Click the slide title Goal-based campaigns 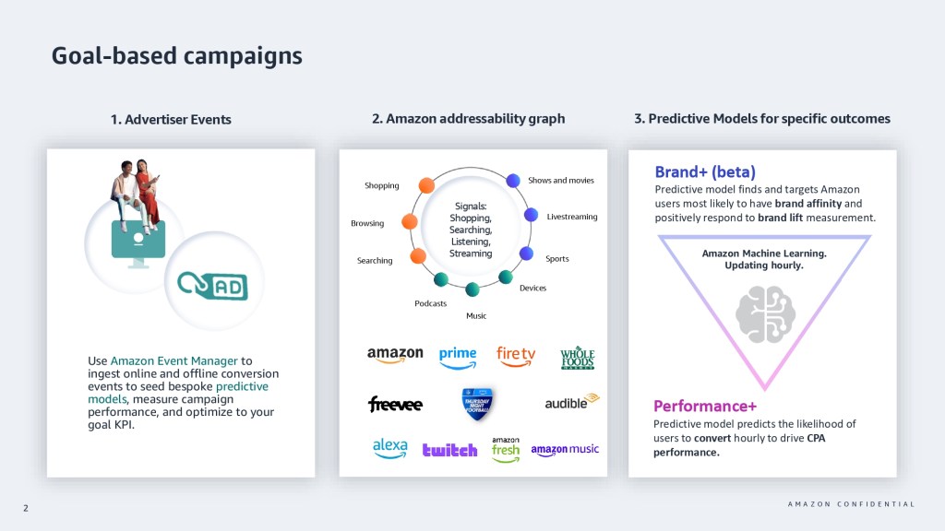(x=176, y=55)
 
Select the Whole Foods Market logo (x=578, y=358)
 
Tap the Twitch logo (x=449, y=450)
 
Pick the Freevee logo (x=394, y=404)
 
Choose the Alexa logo (x=390, y=448)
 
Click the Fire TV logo (x=515, y=355)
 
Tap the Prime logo (x=458, y=356)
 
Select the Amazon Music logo (x=565, y=450)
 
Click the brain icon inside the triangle (x=765, y=313)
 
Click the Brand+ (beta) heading (x=705, y=172)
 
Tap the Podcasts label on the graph (x=430, y=303)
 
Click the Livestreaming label (x=572, y=217)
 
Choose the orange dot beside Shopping (x=425, y=184)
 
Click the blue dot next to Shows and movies (x=513, y=181)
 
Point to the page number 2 (x=26, y=506)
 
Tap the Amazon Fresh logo (x=505, y=449)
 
